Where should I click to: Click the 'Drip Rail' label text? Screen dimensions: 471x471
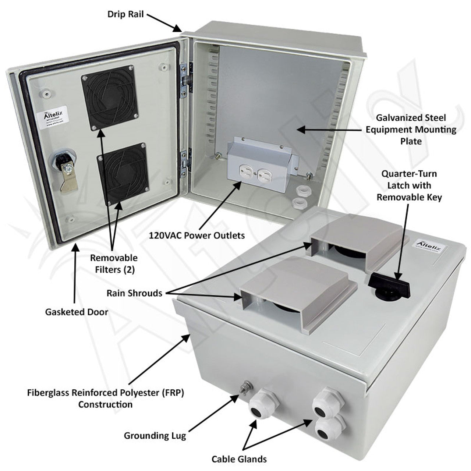[125, 14]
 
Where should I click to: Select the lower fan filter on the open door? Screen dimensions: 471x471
[123, 174]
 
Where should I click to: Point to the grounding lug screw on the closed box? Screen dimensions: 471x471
[244, 387]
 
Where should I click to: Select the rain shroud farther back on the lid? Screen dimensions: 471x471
[355, 241]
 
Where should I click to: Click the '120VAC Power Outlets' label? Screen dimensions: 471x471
[196, 235]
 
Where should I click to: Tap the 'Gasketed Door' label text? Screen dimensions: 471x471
[77, 312]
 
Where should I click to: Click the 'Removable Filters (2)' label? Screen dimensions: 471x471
[114, 263]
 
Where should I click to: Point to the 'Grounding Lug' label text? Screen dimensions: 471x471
[155, 436]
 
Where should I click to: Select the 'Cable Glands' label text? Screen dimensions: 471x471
[239, 459]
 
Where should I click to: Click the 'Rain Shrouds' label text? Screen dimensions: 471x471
[134, 293]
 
